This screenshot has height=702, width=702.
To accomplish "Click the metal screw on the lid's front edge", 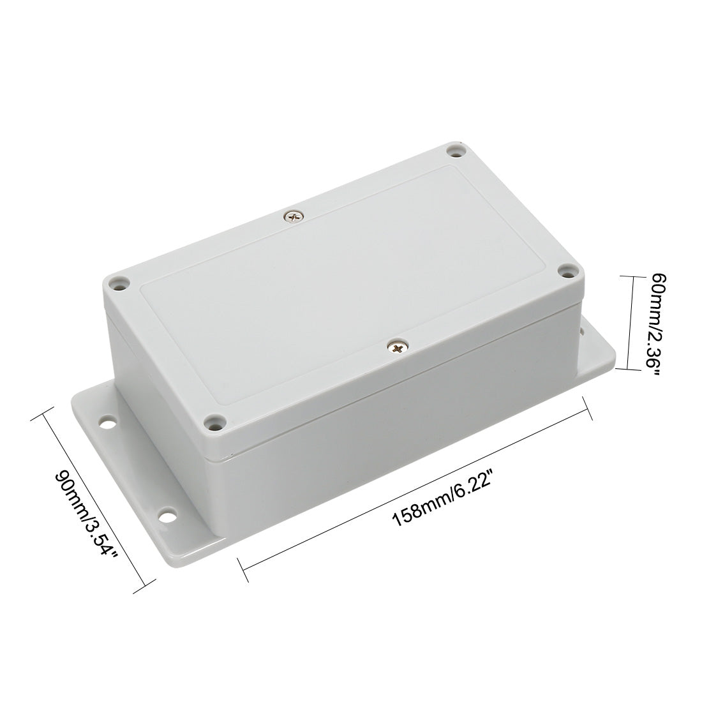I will point(398,347).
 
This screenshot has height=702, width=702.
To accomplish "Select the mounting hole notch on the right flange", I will point(582,331).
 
